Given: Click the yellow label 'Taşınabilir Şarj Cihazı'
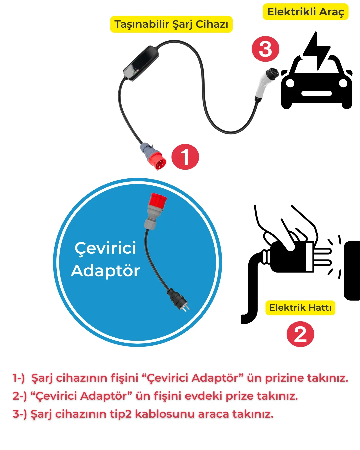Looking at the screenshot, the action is pos(171,24).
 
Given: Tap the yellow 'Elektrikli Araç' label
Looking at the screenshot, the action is pos(306,12).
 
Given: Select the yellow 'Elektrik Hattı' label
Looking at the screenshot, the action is pos(300,308).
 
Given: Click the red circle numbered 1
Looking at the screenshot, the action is pos(185,157).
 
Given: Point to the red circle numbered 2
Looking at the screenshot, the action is pos(300,334).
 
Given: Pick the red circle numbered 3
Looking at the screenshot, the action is pos(265,49).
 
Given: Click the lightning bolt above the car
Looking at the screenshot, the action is pos(317,51).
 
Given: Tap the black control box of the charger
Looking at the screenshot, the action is pos(141,63).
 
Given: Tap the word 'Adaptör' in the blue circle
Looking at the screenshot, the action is pos(105,271).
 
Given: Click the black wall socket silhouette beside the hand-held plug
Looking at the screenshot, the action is pos(352,271).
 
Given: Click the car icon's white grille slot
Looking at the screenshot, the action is pos(316,93).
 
